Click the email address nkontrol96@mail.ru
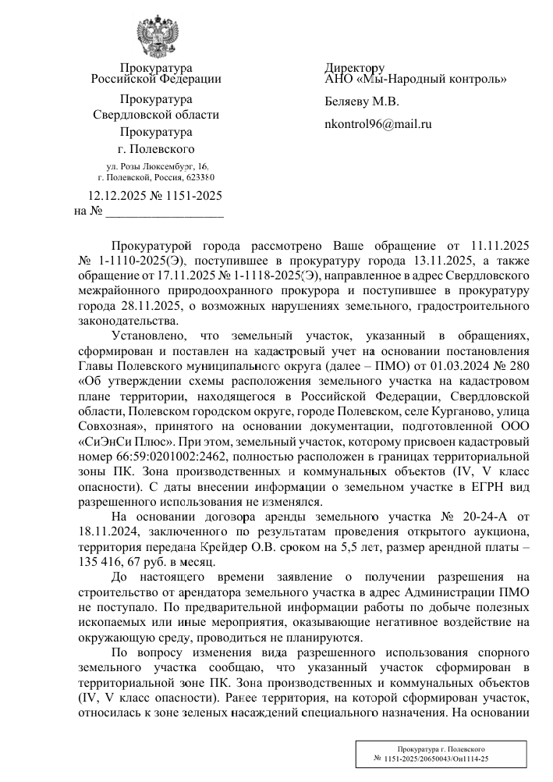coord(378,123)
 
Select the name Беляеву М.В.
coord(362,101)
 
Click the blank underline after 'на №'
coord(165,211)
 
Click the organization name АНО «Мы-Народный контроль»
coord(416,79)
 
